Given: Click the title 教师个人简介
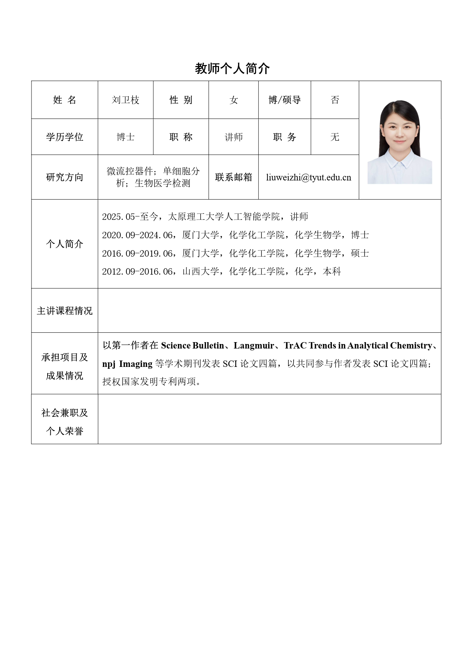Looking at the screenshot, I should tap(232, 69).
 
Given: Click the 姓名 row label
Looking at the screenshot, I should tap(64, 100).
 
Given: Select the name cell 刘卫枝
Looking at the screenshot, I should tap(126, 100).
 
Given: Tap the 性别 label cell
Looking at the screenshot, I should tap(181, 100).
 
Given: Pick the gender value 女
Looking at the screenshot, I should tap(234, 100).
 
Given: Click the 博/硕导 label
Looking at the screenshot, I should tap(285, 100).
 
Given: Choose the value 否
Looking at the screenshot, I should tap(335, 100).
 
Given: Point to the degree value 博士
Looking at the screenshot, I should tap(126, 137).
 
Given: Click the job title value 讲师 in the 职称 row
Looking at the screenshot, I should tap(234, 137).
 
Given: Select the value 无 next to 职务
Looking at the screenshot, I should tap(335, 137).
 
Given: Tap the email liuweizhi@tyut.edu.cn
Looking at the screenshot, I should tap(309, 177).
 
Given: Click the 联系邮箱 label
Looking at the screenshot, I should tap(234, 177).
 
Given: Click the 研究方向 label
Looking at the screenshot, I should tap(64, 177).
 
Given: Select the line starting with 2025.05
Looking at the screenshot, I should tap(205, 216).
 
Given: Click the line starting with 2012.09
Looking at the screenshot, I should tap(221, 271).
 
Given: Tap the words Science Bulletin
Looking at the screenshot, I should tap(192, 345).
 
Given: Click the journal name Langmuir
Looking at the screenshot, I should tap(254, 345).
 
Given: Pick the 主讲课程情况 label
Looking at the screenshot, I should tap(64, 311).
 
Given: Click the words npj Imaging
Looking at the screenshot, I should tap(127, 364).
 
